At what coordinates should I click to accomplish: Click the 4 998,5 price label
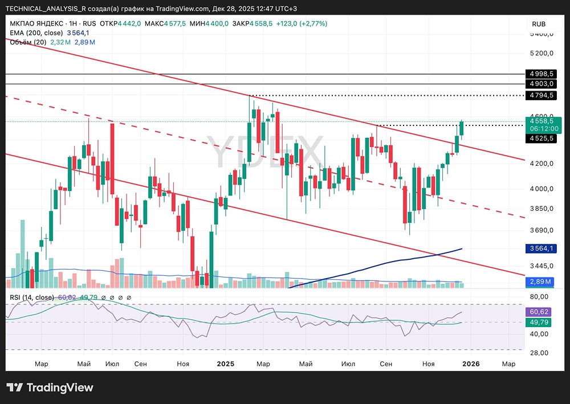tap(542, 74)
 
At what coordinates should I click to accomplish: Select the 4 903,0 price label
tap(542, 84)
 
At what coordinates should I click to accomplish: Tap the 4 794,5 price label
tap(542, 95)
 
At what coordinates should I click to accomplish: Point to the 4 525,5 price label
tap(542, 138)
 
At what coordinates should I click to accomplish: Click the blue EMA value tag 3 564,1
tap(542, 248)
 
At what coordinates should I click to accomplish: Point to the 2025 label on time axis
tap(226, 364)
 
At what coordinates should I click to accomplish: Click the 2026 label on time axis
tap(471, 364)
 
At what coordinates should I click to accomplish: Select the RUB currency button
tap(539, 24)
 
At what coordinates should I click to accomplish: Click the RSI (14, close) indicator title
tap(32, 297)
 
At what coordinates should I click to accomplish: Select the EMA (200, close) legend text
tap(36, 32)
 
